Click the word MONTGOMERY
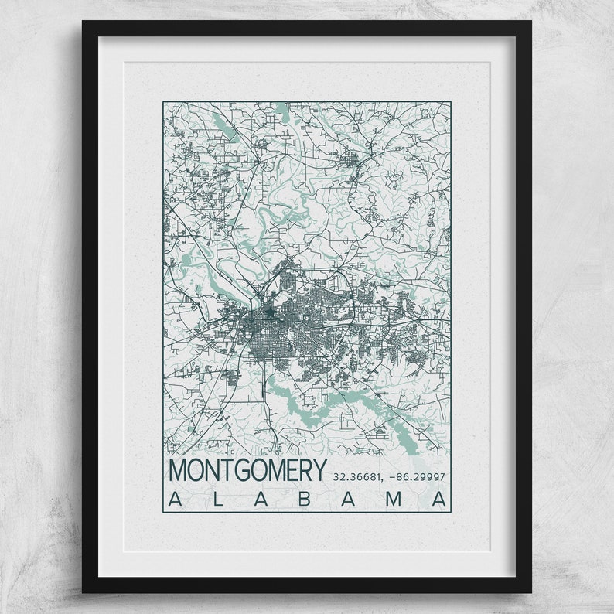click(x=247, y=469)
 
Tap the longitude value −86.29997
click(x=417, y=476)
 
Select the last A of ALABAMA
click(x=438, y=499)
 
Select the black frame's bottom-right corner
click(x=530, y=592)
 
